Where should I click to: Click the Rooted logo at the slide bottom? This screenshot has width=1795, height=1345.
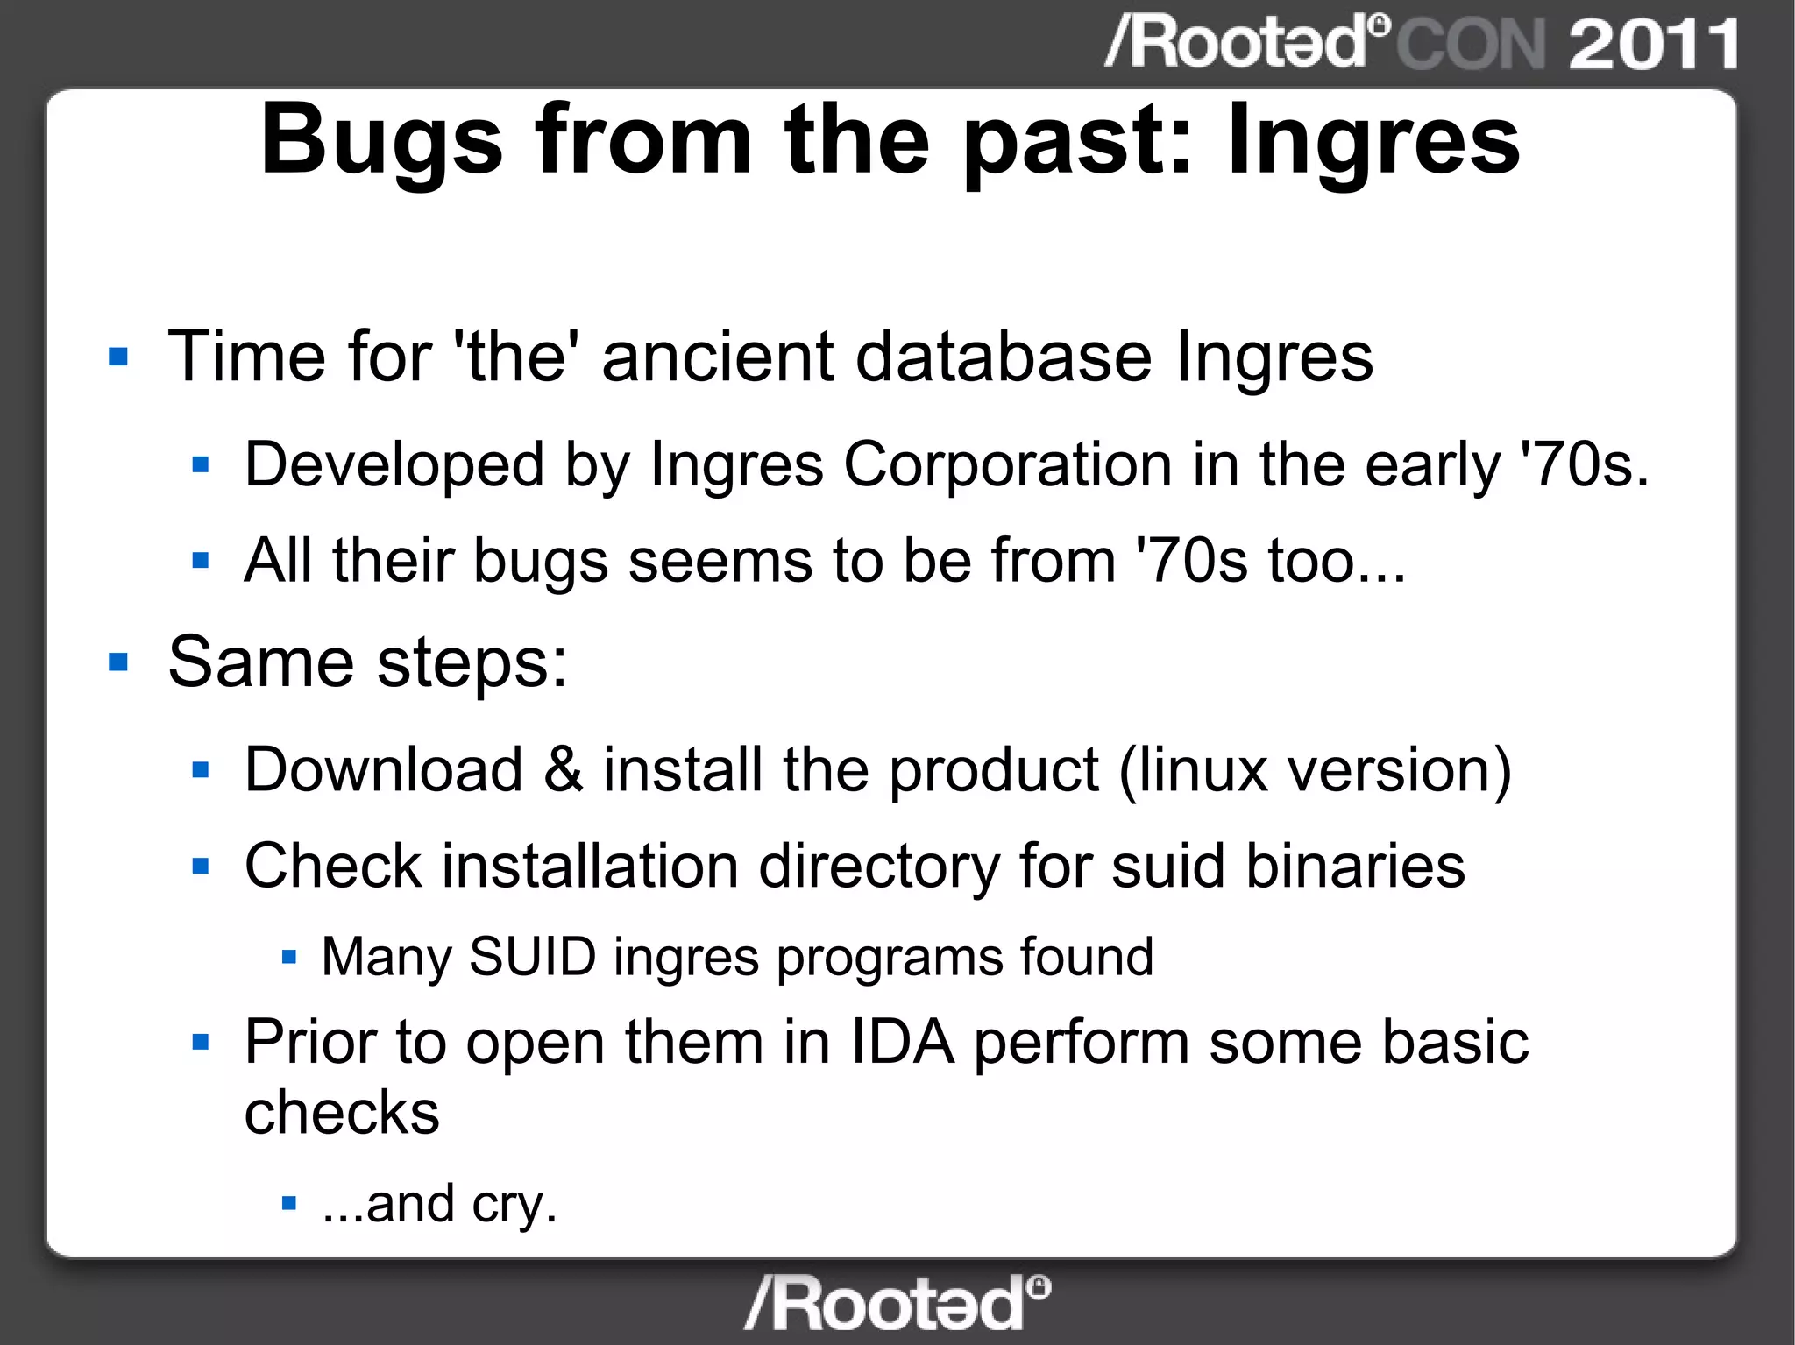(897, 1303)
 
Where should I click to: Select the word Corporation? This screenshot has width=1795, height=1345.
(1007, 464)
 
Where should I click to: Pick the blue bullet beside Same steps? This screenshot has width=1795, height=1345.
(118, 662)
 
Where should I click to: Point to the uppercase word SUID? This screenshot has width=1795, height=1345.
(532, 956)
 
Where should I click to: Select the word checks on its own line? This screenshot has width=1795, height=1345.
(342, 1113)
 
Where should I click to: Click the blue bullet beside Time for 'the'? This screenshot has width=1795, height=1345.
(118, 357)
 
